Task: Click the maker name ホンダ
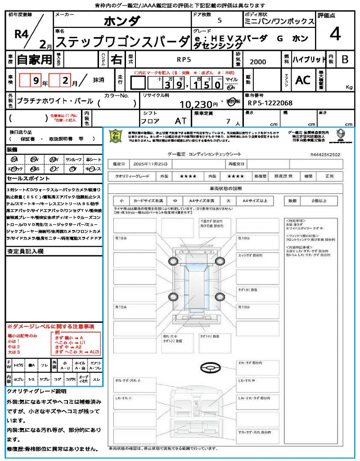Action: [x=121, y=21]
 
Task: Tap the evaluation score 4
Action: [x=335, y=35]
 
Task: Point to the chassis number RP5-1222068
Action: [x=270, y=103]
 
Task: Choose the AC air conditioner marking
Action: [x=303, y=80]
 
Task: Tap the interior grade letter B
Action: [x=345, y=59]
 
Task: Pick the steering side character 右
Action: [x=117, y=59]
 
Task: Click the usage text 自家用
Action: [x=35, y=59]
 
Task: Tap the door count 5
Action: [x=219, y=21]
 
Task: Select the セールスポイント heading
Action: [x=24, y=178]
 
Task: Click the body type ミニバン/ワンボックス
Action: [x=279, y=21]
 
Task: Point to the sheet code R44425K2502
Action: [x=325, y=154]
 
